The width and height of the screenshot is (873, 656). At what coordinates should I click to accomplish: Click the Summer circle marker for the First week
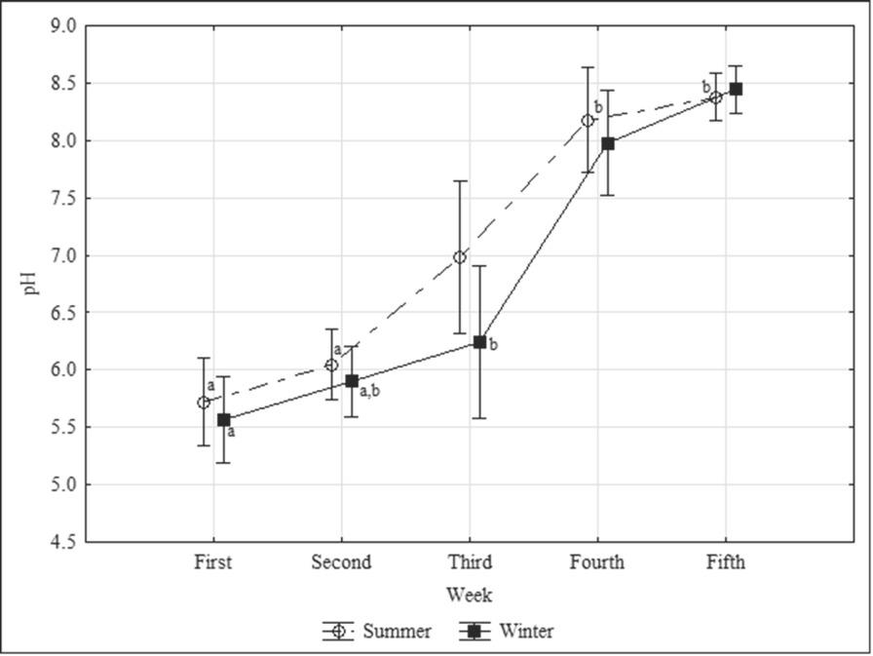[204, 403]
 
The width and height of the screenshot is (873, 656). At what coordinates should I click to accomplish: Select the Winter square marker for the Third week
[479, 342]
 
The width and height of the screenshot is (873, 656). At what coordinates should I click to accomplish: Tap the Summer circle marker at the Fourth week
[588, 121]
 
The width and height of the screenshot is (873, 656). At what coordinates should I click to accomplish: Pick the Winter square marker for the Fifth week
[737, 89]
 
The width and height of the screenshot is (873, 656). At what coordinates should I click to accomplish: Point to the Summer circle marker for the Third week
[460, 257]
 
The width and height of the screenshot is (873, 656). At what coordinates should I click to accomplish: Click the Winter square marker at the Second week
[352, 381]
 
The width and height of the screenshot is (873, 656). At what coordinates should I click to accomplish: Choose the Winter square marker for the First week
[224, 420]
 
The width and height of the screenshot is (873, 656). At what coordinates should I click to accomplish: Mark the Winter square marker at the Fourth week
[608, 143]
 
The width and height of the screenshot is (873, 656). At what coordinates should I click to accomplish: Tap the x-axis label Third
[470, 562]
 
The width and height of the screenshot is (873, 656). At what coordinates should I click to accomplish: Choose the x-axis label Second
[341, 562]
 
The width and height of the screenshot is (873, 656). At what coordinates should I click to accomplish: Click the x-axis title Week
[469, 595]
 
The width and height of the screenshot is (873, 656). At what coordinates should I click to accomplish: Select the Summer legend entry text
[397, 632]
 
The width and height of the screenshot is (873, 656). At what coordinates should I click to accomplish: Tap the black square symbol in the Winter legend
[474, 632]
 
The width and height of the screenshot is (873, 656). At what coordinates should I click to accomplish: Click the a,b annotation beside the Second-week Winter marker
[370, 392]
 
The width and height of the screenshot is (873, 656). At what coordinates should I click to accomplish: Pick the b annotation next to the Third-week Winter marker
[493, 344]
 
